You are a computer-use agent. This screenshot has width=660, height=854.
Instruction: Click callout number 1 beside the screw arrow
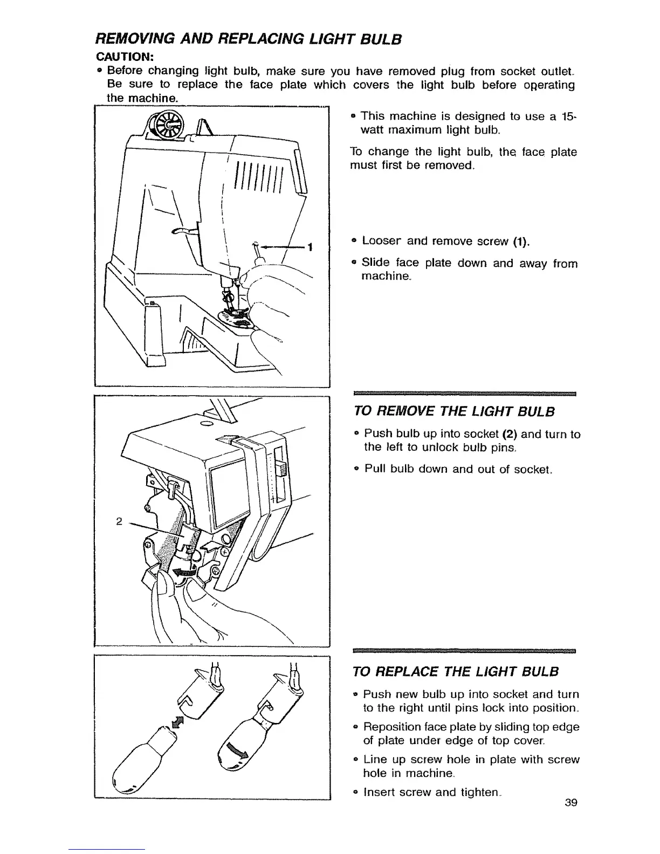[310, 247]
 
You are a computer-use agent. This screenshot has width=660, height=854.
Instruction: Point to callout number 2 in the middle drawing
[119, 521]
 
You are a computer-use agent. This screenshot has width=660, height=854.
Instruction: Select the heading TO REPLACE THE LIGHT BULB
[455, 671]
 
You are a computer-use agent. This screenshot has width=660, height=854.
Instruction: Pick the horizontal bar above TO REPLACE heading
[464, 651]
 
